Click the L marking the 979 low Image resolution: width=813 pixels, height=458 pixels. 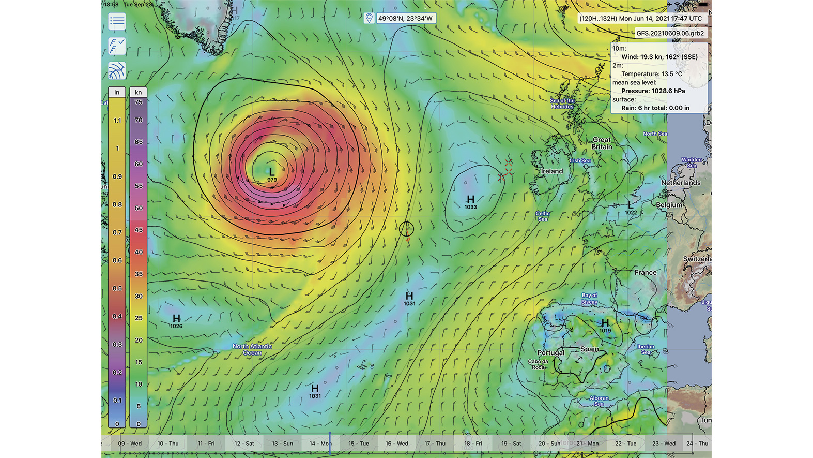pos(272,171)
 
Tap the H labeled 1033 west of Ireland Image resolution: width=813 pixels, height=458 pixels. pos(470,199)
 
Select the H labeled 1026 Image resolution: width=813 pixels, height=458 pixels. pos(176,318)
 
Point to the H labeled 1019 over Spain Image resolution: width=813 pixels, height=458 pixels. pos(605,323)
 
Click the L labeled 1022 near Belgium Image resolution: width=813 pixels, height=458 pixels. pos(631,205)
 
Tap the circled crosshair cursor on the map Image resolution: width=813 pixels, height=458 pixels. pos(406,228)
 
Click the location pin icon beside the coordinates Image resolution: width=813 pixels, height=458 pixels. pos(369,19)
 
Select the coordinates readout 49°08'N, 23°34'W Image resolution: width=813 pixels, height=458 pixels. pos(405,19)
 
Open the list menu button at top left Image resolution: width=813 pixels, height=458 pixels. pos(117,22)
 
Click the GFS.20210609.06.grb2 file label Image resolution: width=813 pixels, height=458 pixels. pos(670,33)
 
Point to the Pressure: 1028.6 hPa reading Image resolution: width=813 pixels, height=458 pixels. pos(653,91)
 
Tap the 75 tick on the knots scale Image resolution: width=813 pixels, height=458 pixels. pos(139,102)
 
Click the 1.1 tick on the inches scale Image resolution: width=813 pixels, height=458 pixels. pos(117,121)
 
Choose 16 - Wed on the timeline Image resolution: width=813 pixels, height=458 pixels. pos(396,444)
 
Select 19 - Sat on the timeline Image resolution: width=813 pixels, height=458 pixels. pos(511,444)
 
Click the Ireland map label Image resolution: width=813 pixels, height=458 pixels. pos(551,171)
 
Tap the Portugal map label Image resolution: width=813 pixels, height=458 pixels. pos(550,353)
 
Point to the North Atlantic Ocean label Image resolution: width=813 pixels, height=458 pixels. pos(252,350)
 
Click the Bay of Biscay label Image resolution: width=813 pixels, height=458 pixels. pos(589,299)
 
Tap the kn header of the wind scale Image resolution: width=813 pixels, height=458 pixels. pos(139,92)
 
